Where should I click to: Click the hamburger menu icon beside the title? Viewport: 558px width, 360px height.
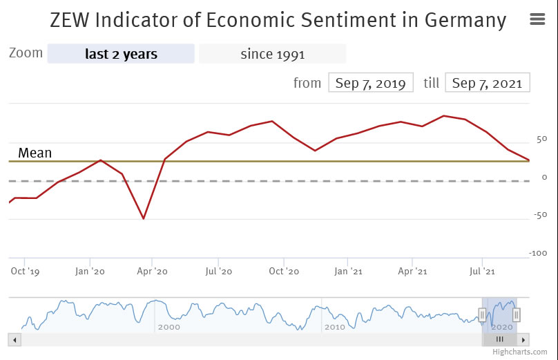537,19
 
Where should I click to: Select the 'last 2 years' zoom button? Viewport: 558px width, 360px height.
121,54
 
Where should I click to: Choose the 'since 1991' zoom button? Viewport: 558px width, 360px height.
272,54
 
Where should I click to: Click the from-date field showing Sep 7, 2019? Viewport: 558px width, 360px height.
370,83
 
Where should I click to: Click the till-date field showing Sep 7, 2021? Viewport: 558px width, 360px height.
488,83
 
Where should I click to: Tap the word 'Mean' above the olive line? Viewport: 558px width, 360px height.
35,153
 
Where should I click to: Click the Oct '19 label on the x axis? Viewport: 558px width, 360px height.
25,272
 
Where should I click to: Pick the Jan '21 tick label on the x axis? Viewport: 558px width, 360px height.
348,272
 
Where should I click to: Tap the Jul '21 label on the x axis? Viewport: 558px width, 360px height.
481,272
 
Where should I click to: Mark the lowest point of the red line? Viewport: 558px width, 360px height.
144,219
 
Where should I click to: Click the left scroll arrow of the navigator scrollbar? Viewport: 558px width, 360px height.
15,339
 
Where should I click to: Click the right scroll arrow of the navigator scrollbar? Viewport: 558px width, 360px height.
523,339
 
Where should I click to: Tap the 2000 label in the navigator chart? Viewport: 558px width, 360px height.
169,327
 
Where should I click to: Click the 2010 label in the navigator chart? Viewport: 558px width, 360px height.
334,327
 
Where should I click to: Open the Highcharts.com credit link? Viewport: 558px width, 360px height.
519,352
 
